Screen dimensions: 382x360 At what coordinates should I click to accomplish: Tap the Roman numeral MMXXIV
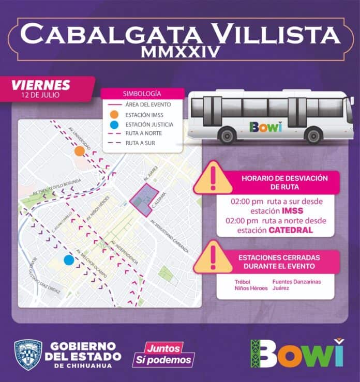tap(179, 52)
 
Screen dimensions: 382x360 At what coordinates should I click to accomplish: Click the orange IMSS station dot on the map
tap(79, 151)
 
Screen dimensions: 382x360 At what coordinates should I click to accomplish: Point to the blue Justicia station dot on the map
tap(68, 260)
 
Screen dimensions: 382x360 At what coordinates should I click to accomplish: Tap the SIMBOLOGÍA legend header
tap(142, 94)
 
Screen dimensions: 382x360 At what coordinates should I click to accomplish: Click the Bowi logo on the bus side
tap(265, 127)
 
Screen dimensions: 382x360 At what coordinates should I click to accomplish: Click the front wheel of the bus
tap(313, 136)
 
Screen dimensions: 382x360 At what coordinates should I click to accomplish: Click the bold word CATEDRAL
tap(291, 230)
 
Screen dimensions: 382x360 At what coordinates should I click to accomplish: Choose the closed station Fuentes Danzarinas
tap(296, 281)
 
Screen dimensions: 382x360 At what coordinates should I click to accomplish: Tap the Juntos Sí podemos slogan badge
tap(163, 354)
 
